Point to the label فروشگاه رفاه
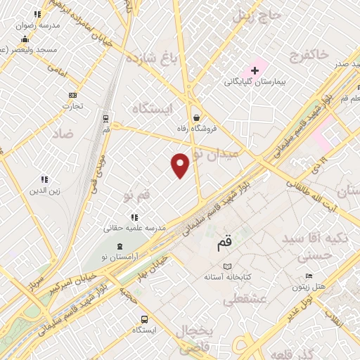207,129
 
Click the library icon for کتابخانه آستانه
226,266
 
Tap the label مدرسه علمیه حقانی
134,227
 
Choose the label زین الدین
44,191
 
